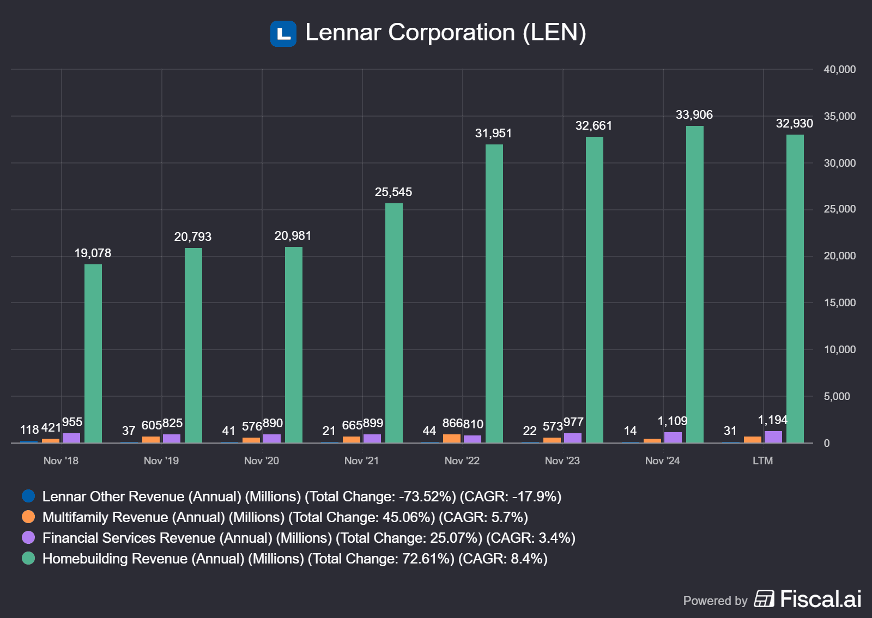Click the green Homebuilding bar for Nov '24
pyautogui.click(x=694, y=283)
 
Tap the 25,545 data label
pyautogui.click(x=393, y=192)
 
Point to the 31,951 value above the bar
pyautogui.click(x=493, y=134)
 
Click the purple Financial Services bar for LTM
pyautogui.click(x=773, y=437)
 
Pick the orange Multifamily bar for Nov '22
pyautogui.click(x=452, y=438)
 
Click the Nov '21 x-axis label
pyautogui.click(x=361, y=461)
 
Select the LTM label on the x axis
pyautogui.click(x=762, y=461)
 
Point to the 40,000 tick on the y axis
pyautogui.click(x=839, y=69)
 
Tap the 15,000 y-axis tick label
pyautogui.click(x=839, y=302)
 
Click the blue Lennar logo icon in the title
pyautogui.click(x=283, y=34)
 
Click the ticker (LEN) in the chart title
pyautogui.click(x=554, y=33)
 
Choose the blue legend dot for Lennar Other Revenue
pyautogui.click(x=28, y=496)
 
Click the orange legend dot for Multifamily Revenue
pyautogui.click(x=28, y=517)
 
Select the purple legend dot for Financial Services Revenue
pyautogui.click(x=28, y=537)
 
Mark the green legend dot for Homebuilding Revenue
pyautogui.click(x=28, y=558)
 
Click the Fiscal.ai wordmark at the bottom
pyautogui.click(x=820, y=599)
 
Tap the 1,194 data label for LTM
pyautogui.click(x=772, y=420)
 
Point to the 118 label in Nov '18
pyautogui.click(x=29, y=430)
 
